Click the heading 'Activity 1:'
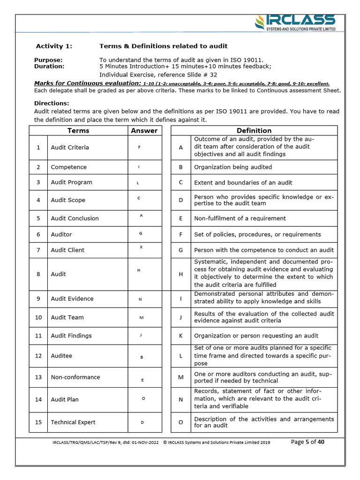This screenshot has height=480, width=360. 54,46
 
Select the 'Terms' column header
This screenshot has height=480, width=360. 78,131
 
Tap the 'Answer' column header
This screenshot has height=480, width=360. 144,131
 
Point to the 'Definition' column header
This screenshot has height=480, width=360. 254,131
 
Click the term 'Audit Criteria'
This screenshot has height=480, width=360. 70,147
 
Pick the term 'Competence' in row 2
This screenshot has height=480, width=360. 68,167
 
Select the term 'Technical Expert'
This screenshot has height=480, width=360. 73,422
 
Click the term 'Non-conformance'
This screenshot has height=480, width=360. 75,377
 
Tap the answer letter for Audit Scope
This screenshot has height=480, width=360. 139,198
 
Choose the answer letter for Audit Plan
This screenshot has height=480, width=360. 143,398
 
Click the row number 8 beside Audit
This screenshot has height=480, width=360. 38,274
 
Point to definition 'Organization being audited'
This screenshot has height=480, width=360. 232,167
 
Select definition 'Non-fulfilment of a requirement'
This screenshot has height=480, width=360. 240,218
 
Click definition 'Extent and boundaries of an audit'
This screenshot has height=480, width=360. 243,182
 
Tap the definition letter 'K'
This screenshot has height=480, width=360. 180,336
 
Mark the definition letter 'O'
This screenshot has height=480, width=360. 180,422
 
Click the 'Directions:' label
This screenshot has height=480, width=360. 52,103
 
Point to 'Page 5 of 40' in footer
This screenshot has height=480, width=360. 308,442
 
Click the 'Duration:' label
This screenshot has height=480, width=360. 49,67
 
